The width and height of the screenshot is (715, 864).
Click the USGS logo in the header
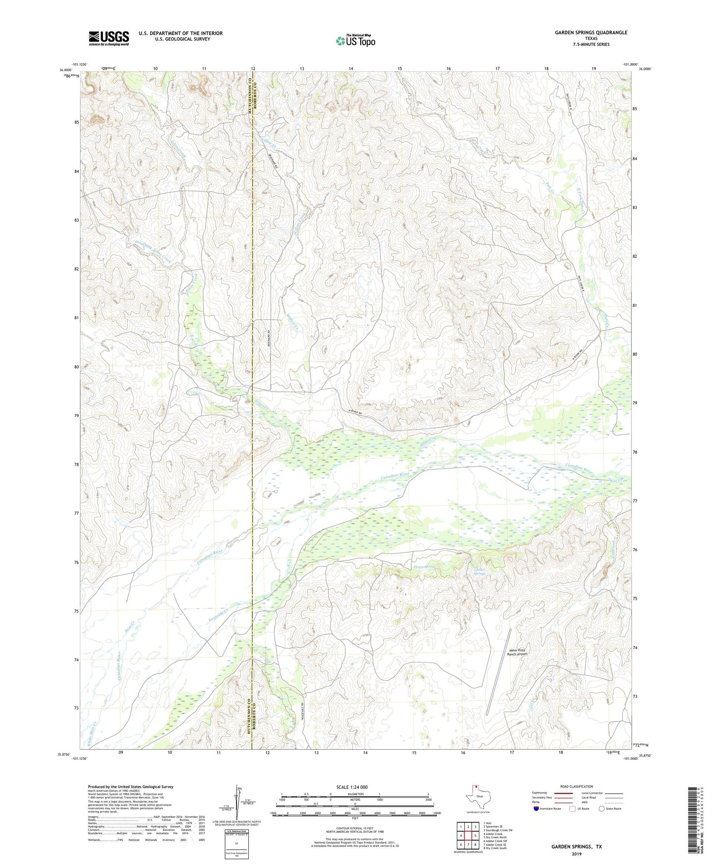point(108,38)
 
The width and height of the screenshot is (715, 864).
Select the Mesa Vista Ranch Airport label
point(517,652)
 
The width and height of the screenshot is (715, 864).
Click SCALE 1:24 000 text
point(351,787)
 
